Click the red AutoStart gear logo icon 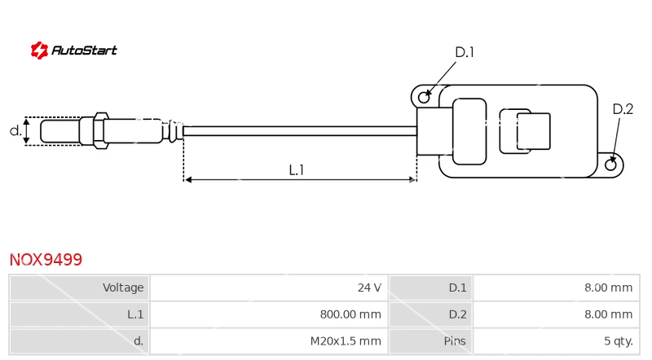[39, 50]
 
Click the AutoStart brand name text [84, 50]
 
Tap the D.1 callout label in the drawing [465, 52]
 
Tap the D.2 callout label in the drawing [623, 109]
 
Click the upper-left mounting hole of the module [424, 97]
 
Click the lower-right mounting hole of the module [610, 165]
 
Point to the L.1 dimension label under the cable [296, 170]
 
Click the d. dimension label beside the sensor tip [15, 131]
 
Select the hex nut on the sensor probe [99, 130]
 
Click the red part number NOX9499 [46, 260]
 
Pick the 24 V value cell [269, 288]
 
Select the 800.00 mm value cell [269, 314]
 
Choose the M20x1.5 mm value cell [269, 341]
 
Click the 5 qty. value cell [557, 341]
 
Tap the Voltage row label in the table [123, 288]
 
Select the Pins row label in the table [455, 341]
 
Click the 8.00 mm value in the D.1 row [608, 288]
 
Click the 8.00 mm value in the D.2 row [608, 314]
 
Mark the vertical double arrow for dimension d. [27, 131]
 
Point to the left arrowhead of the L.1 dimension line [187, 179]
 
